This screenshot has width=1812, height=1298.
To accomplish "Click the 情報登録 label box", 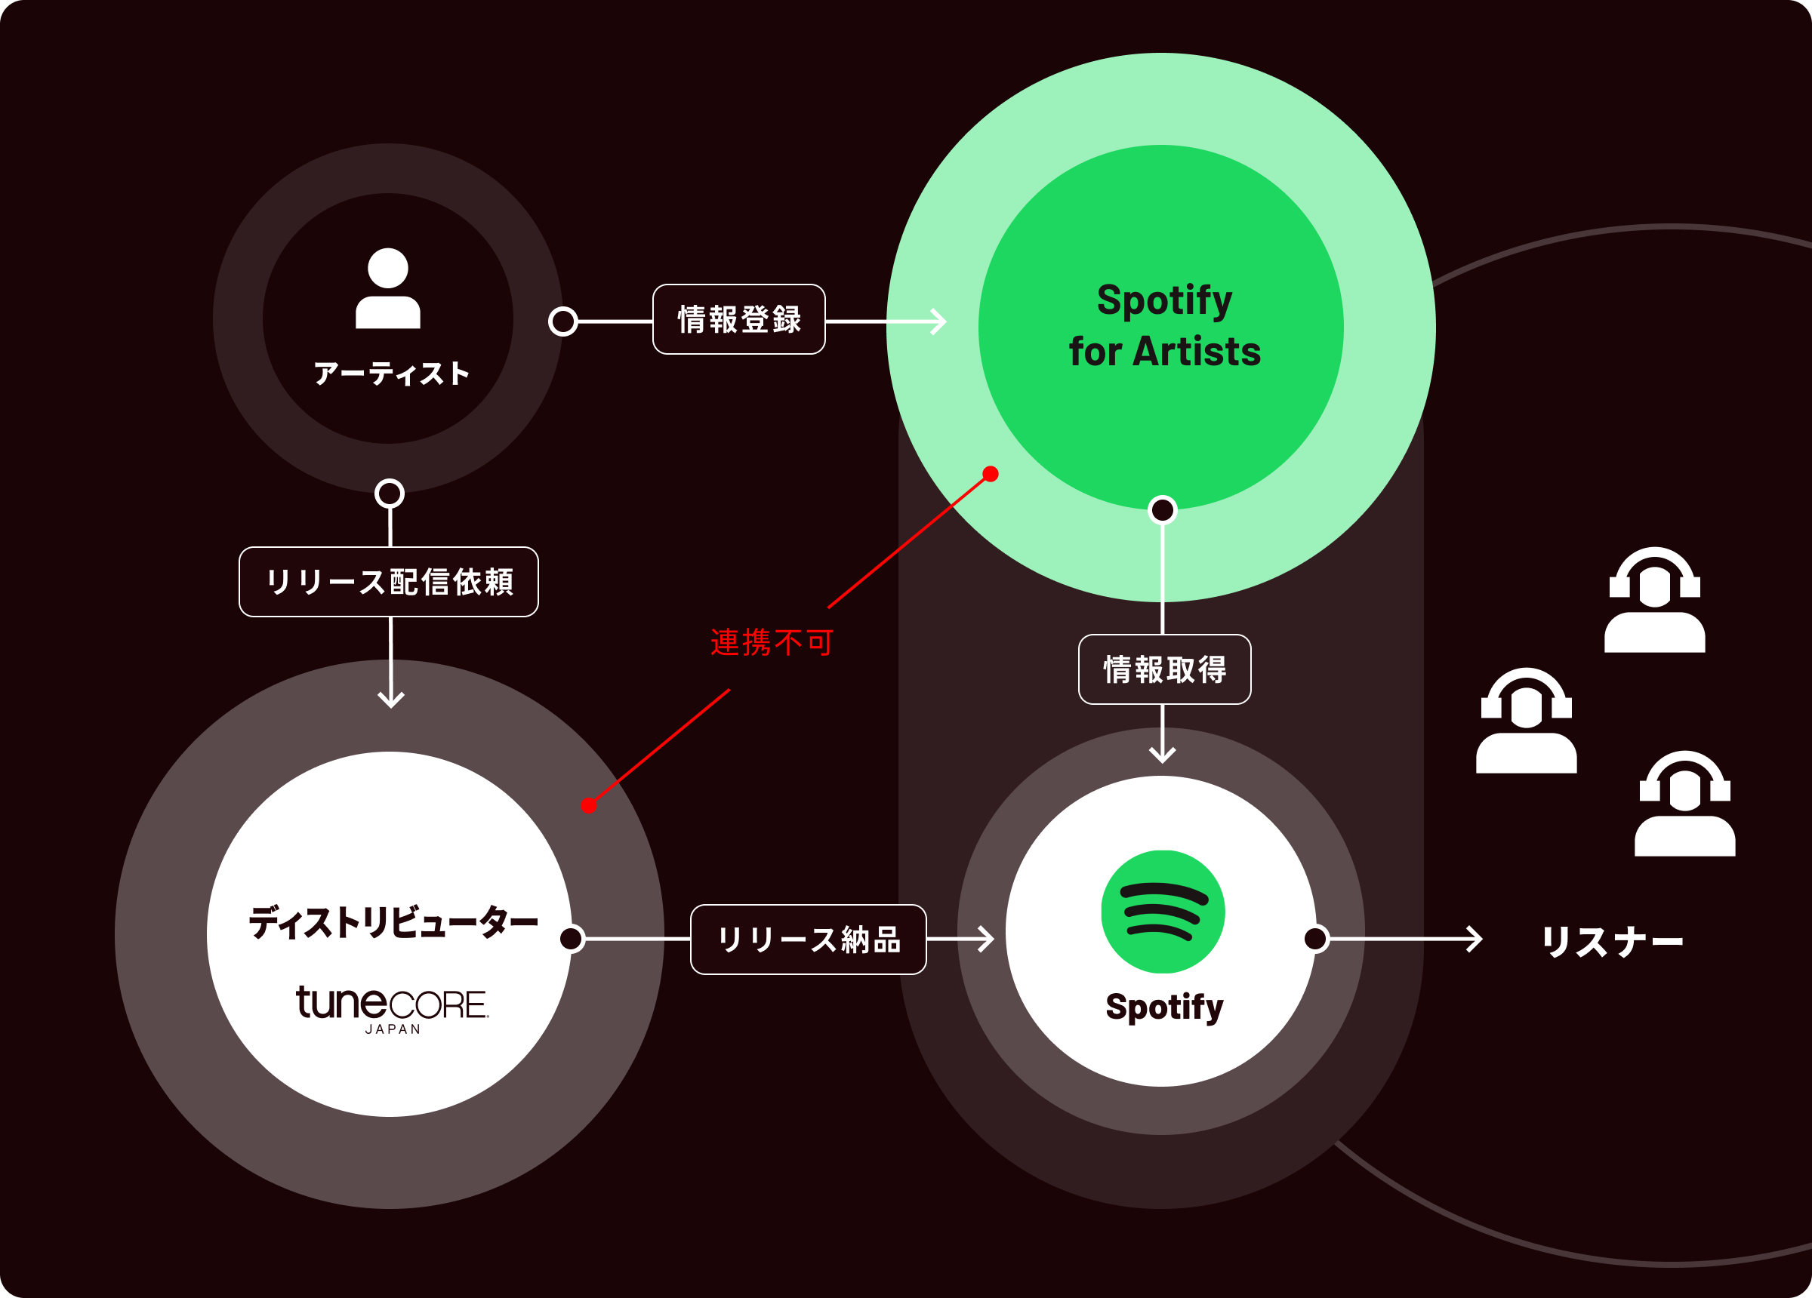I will (738, 319).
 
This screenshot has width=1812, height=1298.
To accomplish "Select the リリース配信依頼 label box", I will (388, 582).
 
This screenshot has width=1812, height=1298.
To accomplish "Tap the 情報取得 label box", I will (1164, 669).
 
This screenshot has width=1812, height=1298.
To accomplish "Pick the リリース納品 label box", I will (808, 940).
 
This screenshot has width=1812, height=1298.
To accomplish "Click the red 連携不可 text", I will (772, 642).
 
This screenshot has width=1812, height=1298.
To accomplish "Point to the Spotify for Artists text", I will (1164, 326).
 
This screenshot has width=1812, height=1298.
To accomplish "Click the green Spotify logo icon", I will (1163, 912).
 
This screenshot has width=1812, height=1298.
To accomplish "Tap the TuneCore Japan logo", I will (392, 1008).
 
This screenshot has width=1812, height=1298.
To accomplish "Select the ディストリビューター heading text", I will (393, 923).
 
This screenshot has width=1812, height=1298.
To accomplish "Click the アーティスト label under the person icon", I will (390, 374).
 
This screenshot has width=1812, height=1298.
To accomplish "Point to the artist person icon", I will (387, 288).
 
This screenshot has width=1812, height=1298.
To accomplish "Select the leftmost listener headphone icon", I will (1526, 721).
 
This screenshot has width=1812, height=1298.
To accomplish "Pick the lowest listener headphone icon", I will (1684, 804).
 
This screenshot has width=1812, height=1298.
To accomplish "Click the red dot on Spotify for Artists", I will (991, 474).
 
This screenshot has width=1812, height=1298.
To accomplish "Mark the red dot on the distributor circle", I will (589, 805).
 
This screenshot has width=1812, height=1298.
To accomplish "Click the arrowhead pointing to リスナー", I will (1475, 939).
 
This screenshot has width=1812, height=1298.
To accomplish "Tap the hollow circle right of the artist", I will (563, 321).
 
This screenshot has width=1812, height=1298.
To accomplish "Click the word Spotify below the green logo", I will (1164, 1007).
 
